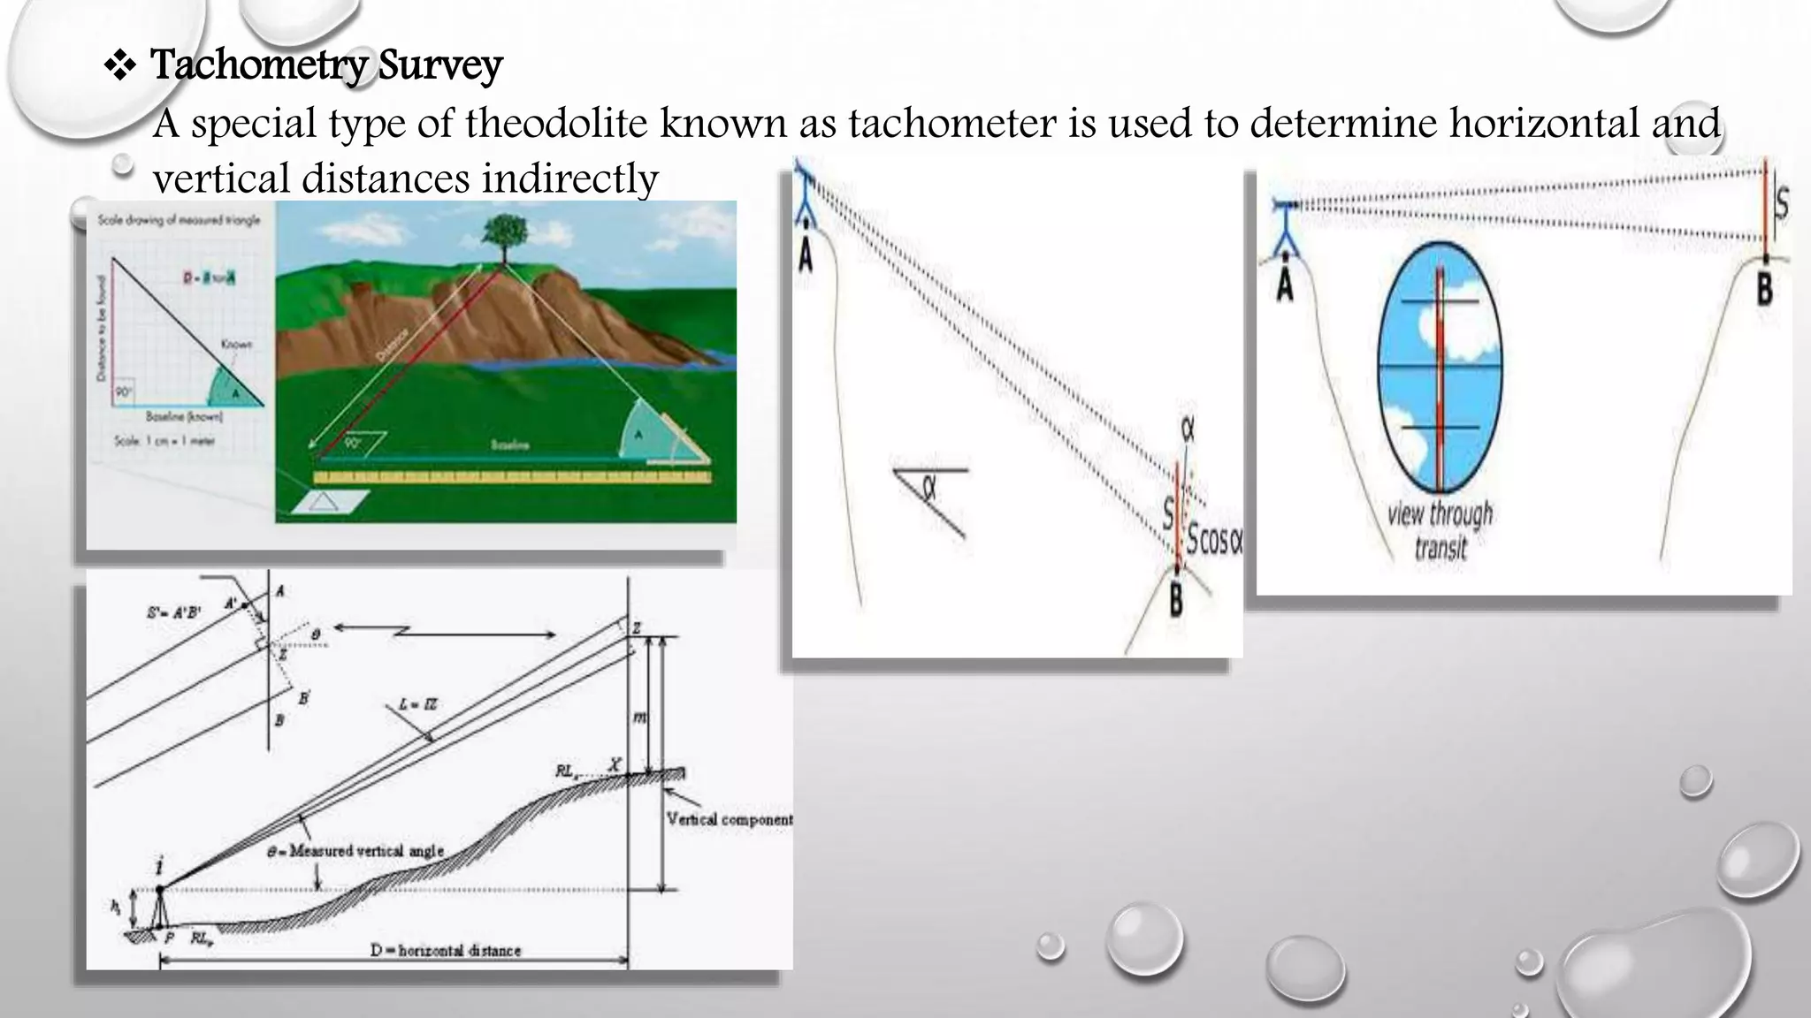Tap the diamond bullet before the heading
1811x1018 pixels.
(x=119, y=66)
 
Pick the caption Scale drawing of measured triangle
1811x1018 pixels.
(x=179, y=220)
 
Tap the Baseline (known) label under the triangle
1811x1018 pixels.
(x=184, y=416)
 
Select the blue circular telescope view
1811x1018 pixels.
(x=1440, y=368)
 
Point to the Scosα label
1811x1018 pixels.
(x=1213, y=538)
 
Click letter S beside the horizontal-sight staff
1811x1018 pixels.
(x=1780, y=203)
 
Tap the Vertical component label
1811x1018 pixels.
(x=729, y=819)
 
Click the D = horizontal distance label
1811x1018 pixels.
(x=446, y=951)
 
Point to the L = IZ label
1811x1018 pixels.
(x=417, y=704)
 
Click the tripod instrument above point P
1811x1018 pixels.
(x=160, y=903)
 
